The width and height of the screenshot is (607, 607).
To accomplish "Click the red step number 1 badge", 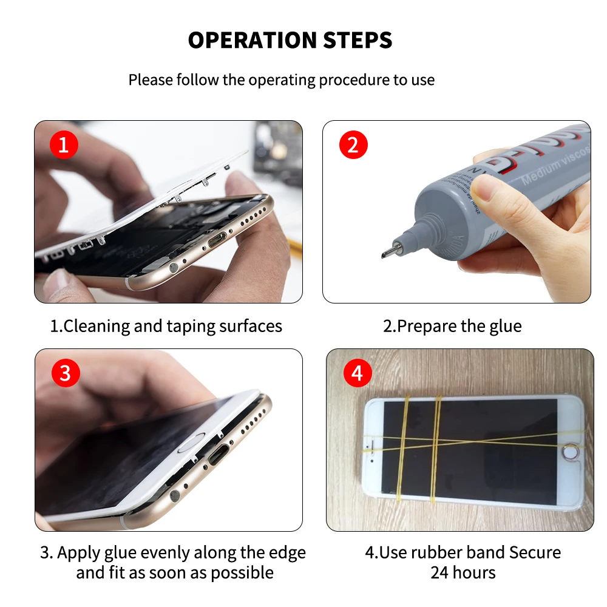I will click(x=64, y=146).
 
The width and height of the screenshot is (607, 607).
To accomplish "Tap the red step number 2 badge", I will click(x=353, y=146).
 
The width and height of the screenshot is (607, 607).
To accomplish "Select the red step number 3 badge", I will click(x=65, y=373).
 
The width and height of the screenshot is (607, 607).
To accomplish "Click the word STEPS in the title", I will click(x=356, y=41).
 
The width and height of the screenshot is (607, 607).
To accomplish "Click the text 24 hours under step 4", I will click(x=463, y=572).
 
